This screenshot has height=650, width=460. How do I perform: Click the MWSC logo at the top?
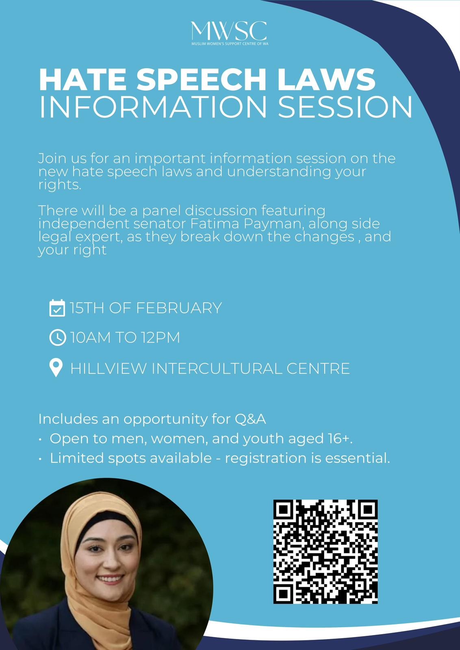tap(229, 33)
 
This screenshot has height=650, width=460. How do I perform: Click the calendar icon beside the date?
tap(57, 308)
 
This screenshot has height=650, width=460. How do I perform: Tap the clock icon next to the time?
tap(58, 338)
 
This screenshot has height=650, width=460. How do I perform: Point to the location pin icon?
tap(56, 368)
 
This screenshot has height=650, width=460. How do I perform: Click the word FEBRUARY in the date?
tap(179, 308)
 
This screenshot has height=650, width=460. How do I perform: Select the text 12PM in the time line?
tap(161, 338)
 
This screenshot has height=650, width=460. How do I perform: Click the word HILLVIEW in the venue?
tap(108, 368)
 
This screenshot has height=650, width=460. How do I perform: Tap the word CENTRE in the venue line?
tap(318, 368)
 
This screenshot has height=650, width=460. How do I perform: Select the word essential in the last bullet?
tap(357, 458)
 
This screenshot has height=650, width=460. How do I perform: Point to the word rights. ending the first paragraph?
tap(60, 185)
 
